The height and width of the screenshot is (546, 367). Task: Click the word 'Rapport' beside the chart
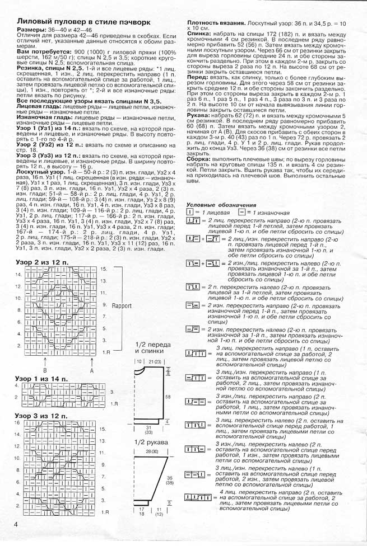point(121,306)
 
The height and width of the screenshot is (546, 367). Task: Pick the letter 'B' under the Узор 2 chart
point(45,370)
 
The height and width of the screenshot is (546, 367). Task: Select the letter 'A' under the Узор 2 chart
point(92,370)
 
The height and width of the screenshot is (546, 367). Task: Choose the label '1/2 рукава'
point(148,441)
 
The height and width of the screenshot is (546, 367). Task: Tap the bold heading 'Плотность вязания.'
point(215,22)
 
